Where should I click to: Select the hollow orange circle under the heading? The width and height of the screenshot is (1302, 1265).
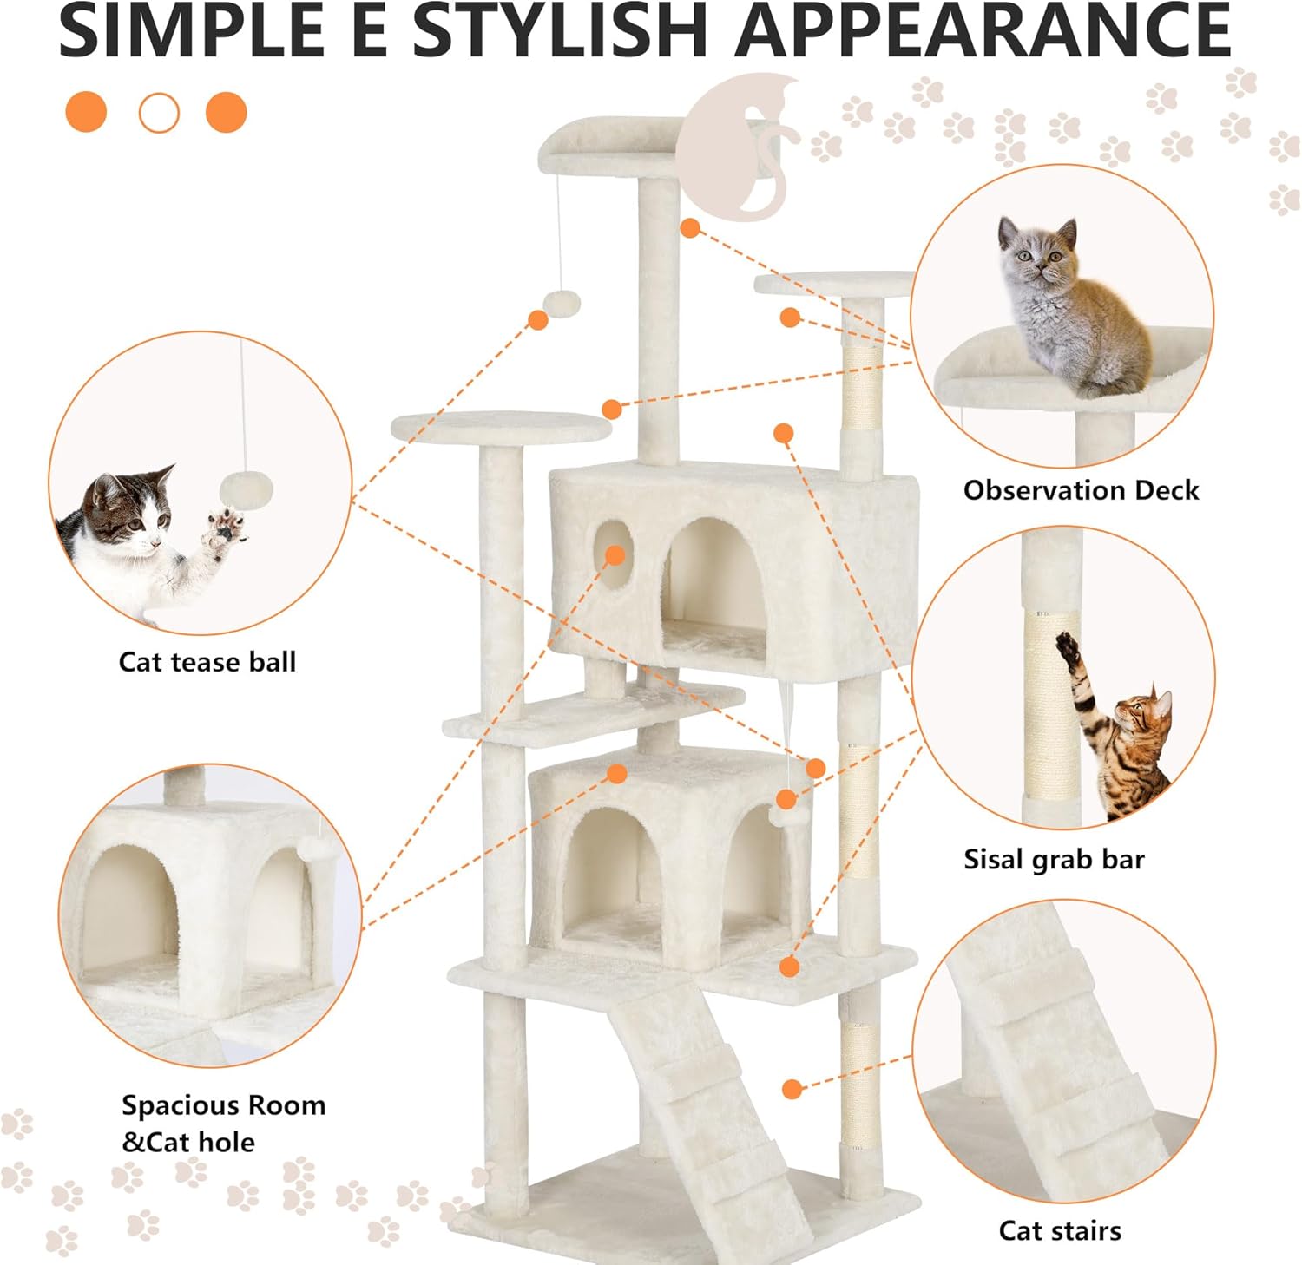click(x=159, y=113)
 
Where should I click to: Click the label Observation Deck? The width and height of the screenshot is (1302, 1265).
click(x=1081, y=490)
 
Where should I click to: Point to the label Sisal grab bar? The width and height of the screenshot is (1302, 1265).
click(x=1054, y=859)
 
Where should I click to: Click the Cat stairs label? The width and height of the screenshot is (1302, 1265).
click(x=1060, y=1230)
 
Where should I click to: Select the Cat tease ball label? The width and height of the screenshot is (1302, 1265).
click(x=207, y=662)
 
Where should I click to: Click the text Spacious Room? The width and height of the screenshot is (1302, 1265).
click(x=224, y=1105)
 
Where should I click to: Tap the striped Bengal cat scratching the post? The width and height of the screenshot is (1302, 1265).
click(x=1115, y=729)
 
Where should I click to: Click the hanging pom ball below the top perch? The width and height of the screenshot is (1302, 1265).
click(x=562, y=304)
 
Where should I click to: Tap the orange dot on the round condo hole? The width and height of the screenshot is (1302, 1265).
click(x=615, y=554)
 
